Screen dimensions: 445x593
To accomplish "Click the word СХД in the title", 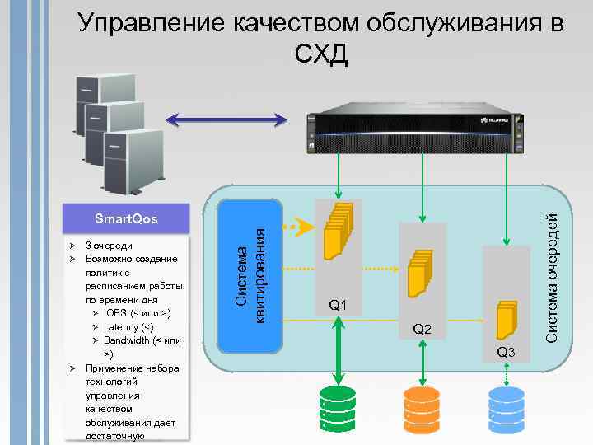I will (x=321, y=55).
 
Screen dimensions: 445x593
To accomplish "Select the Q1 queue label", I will (x=338, y=307).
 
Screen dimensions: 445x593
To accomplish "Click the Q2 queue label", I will (x=423, y=330).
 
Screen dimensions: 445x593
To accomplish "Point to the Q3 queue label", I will (x=506, y=353).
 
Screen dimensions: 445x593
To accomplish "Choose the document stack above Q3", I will (x=505, y=316).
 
